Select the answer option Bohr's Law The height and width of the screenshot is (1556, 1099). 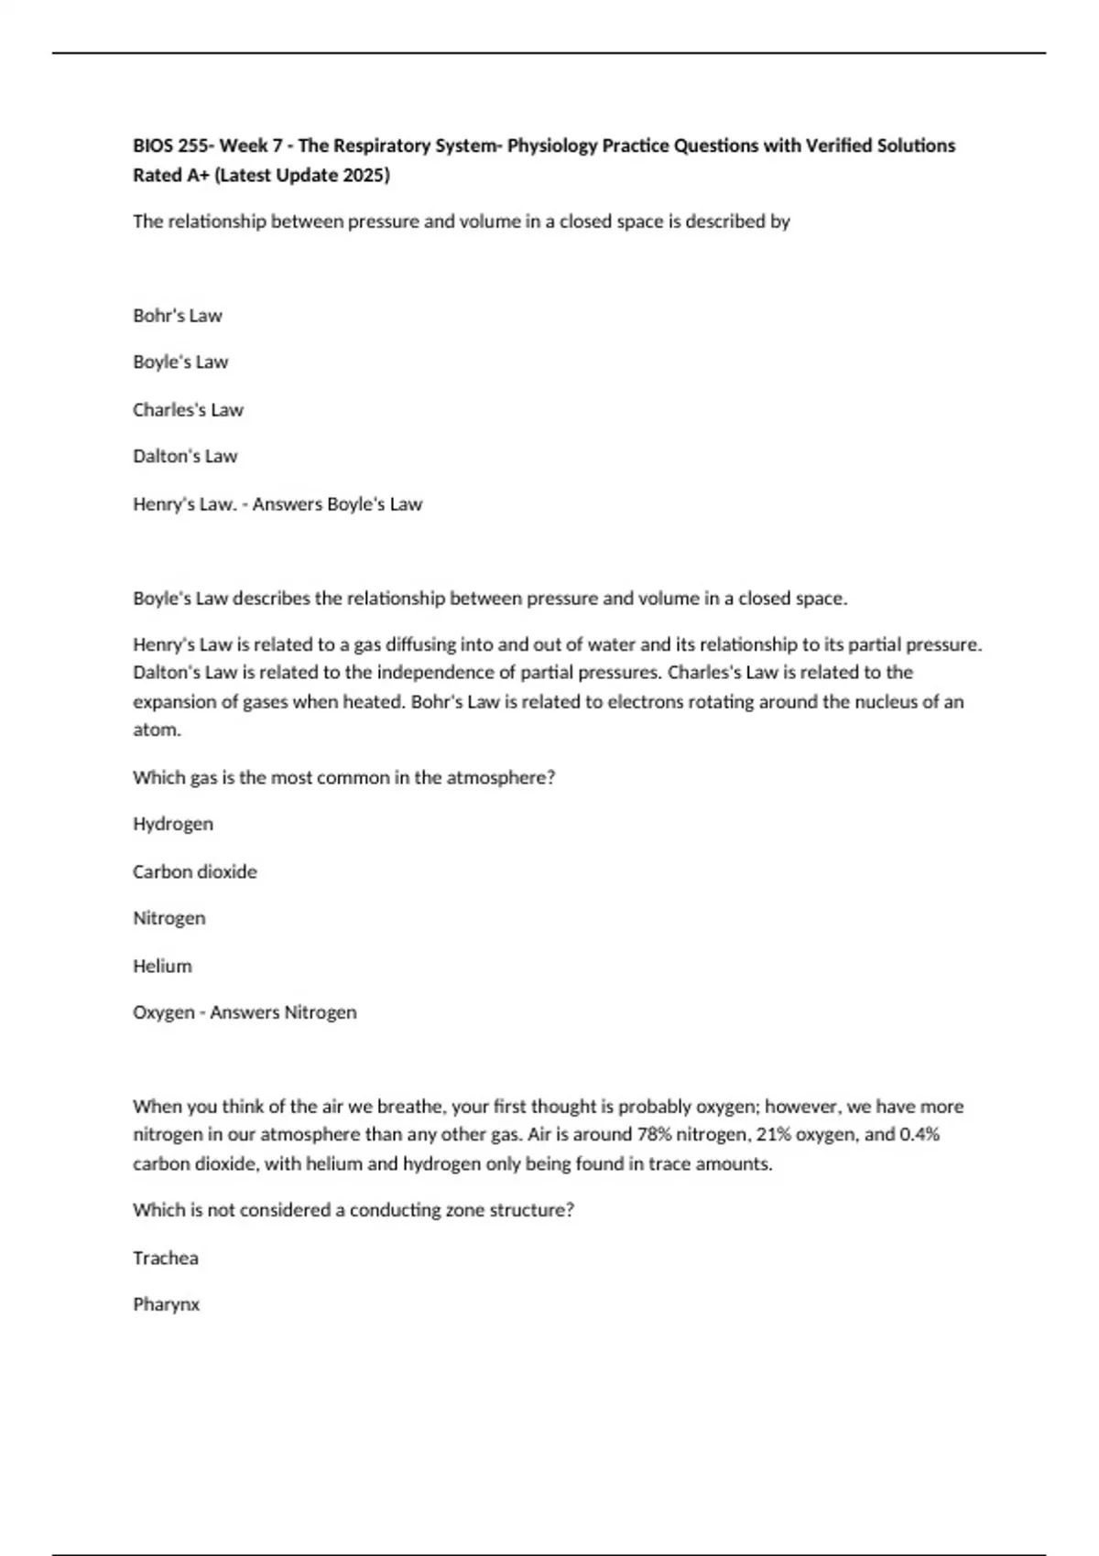pyautogui.click(x=178, y=316)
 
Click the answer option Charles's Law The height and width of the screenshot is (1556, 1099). pyautogui.click(x=188, y=410)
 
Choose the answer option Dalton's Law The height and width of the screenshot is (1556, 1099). pyautogui.click(x=185, y=456)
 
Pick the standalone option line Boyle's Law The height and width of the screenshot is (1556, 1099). pyautogui.click(x=180, y=362)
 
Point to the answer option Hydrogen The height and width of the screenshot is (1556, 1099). pyautogui.click(x=173, y=824)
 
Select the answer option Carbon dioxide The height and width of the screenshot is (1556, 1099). pyautogui.click(x=195, y=871)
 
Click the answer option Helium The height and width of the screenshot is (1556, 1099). pyautogui.click(x=162, y=966)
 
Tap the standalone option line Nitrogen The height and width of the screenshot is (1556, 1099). pyautogui.click(x=169, y=918)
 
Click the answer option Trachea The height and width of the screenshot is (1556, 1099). pyautogui.click(x=166, y=1258)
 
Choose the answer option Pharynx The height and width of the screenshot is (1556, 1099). pyautogui.click(x=166, y=1304)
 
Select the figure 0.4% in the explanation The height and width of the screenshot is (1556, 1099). pyautogui.click(x=919, y=1134)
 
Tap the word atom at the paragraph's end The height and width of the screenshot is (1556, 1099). pyautogui.click(x=156, y=729)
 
